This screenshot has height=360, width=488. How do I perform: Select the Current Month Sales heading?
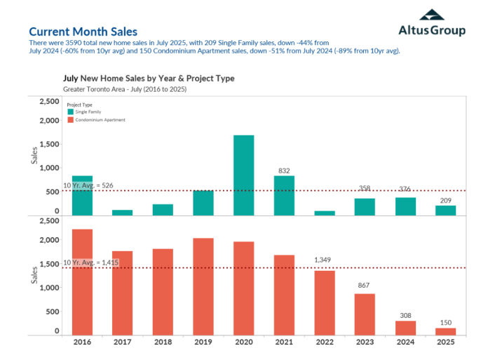[83, 32]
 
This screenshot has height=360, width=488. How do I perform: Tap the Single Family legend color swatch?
[70, 112]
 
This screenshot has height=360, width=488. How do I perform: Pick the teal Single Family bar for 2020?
[243, 175]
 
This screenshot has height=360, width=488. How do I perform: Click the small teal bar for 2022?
[324, 213]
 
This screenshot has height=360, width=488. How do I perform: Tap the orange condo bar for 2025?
[445, 331]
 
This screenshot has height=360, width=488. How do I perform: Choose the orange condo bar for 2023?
[365, 314]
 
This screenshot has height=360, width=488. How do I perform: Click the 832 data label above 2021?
[284, 170]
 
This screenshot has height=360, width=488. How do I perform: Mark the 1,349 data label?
[324, 260]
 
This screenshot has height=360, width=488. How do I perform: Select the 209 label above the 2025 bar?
[445, 200]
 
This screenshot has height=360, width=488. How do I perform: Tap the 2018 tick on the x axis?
[163, 342]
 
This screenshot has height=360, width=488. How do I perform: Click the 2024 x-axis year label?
[405, 342]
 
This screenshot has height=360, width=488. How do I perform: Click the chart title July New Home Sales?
[149, 79]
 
